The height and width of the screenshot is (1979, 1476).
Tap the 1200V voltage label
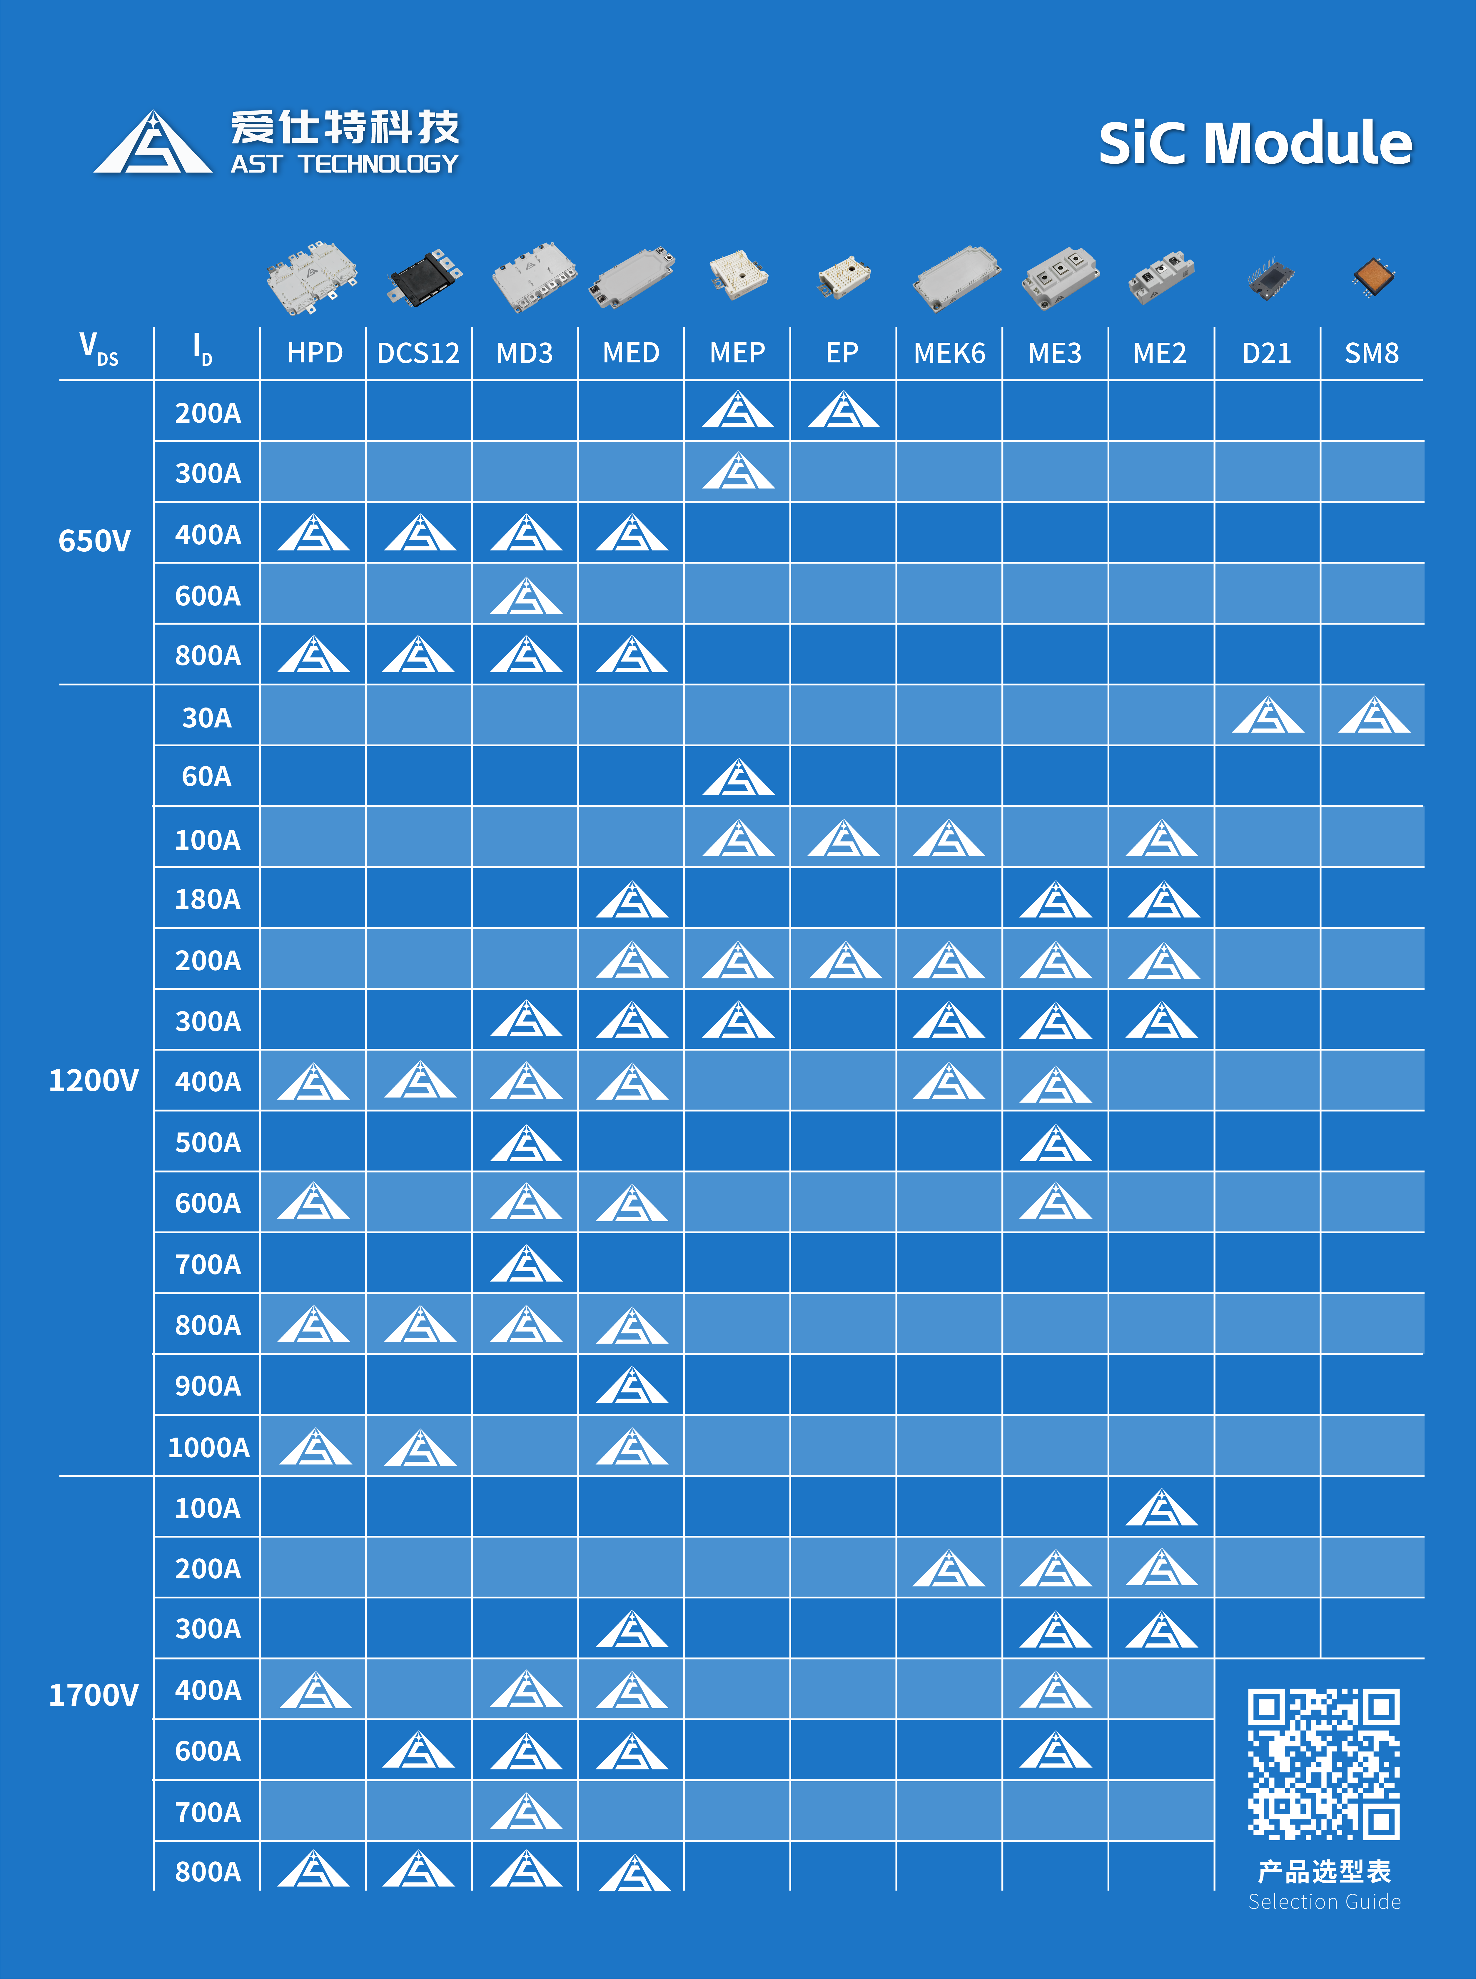click(94, 1080)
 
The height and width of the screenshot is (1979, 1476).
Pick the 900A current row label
click(208, 1386)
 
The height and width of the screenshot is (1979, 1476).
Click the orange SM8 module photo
click(1374, 277)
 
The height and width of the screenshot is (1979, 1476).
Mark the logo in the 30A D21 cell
click(1268, 716)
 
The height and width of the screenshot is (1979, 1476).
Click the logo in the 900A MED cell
click(632, 1386)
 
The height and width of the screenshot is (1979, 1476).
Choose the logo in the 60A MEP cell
click(738, 778)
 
